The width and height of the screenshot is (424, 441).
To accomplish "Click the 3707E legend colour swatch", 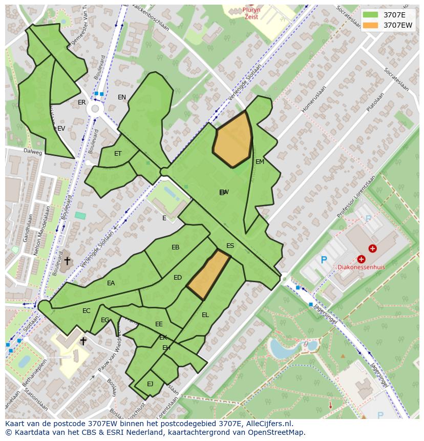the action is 371,15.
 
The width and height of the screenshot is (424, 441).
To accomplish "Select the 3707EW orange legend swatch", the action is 371,25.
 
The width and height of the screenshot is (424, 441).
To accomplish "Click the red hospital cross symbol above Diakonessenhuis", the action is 372,249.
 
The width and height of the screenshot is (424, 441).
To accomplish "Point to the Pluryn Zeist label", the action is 251,13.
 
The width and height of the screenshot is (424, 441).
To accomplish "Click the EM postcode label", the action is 260,162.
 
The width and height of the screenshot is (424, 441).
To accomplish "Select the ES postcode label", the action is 230,246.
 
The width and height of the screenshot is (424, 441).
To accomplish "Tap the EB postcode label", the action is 175,247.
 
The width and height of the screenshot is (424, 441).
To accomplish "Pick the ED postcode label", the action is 178,278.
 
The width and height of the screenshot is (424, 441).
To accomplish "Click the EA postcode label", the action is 111,283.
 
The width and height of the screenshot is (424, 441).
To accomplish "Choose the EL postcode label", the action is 205,315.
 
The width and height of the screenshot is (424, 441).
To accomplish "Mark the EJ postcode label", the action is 150,384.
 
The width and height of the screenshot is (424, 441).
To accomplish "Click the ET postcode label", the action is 118,154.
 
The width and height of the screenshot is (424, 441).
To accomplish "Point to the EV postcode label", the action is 61,129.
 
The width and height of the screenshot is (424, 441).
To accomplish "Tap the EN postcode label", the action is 121,97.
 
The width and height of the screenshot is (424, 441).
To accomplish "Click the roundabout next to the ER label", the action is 94,109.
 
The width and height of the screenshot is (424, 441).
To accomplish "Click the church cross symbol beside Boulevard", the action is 67,261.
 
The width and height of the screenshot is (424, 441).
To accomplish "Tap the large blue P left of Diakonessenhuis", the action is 324,260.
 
